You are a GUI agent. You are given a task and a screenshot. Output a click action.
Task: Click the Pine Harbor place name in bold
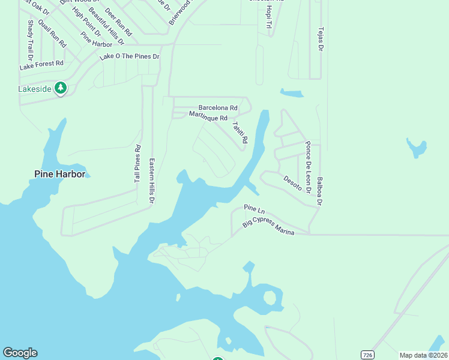pos(59,174)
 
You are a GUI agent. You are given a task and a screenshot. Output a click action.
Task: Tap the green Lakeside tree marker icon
pos(60,89)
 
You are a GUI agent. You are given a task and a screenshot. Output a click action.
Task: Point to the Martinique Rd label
pos(208,116)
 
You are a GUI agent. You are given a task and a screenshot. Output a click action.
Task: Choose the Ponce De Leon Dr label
pos(308,167)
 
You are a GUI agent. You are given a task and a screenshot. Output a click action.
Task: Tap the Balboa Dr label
pos(320,191)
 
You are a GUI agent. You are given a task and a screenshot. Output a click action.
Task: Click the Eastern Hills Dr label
pos(152,180)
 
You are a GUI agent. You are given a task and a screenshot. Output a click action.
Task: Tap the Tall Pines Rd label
pos(137,164)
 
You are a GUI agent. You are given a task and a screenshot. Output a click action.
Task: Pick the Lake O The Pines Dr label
pos(129,56)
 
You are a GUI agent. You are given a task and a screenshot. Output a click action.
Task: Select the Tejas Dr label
pos(321,39)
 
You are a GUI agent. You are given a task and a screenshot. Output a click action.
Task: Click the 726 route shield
pos(367,355)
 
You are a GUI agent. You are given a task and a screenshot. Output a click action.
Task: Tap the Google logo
pos(20,353)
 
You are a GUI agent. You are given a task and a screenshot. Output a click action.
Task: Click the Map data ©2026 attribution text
pos(423,355)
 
